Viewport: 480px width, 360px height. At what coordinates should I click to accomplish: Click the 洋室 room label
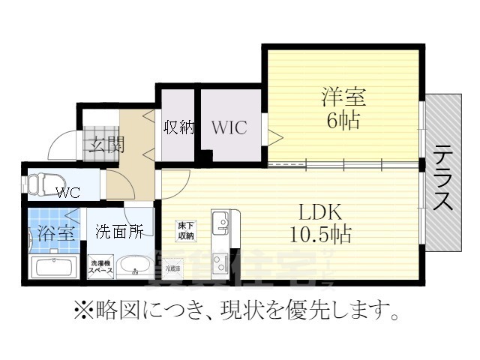(343, 97)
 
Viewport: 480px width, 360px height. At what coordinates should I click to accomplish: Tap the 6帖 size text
(343, 120)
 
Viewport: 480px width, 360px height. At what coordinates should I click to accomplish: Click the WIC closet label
(229, 127)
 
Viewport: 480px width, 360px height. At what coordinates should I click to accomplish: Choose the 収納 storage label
(178, 127)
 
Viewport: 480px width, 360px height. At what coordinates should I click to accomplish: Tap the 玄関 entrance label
(103, 144)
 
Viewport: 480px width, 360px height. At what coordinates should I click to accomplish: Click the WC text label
(67, 191)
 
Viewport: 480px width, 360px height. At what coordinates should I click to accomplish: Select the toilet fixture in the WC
(42, 182)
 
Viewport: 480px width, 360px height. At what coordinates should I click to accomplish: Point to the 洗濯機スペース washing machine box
(101, 266)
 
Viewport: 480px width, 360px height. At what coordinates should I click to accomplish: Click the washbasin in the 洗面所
(135, 265)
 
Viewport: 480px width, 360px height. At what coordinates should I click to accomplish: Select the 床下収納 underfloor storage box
(185, 230)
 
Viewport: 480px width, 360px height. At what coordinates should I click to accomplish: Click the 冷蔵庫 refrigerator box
(173, 267)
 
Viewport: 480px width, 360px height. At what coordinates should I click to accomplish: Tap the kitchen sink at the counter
(222, 223)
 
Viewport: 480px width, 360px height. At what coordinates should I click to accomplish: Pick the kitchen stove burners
(222, 264)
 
